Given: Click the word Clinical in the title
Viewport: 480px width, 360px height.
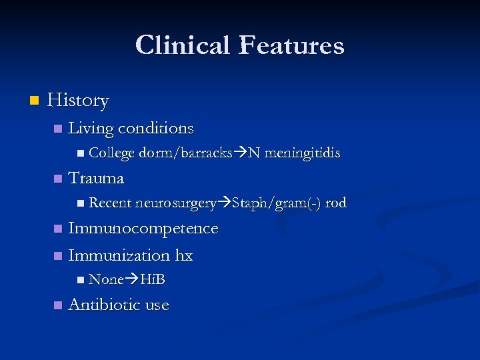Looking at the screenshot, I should pos(182,45).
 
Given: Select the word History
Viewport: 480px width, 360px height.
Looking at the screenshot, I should pos(78,101).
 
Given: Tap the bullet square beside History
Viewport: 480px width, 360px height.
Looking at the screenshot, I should pos(35,101).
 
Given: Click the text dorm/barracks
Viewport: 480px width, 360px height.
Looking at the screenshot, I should pos(185,153).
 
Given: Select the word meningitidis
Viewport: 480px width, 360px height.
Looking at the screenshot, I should pos(302,153).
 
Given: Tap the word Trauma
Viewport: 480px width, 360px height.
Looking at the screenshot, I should pos(96,178).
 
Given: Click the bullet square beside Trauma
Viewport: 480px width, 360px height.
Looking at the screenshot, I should pos(57,179).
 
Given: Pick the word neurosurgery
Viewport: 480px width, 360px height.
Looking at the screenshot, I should pos(176,203).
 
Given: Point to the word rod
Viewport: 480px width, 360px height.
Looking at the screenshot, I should pos(335,203).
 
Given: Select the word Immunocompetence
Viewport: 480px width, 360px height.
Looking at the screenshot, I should pos(143,229).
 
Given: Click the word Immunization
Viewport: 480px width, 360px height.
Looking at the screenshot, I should pos(119,255).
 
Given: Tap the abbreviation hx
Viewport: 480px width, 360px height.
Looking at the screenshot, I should pos(184,255).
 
